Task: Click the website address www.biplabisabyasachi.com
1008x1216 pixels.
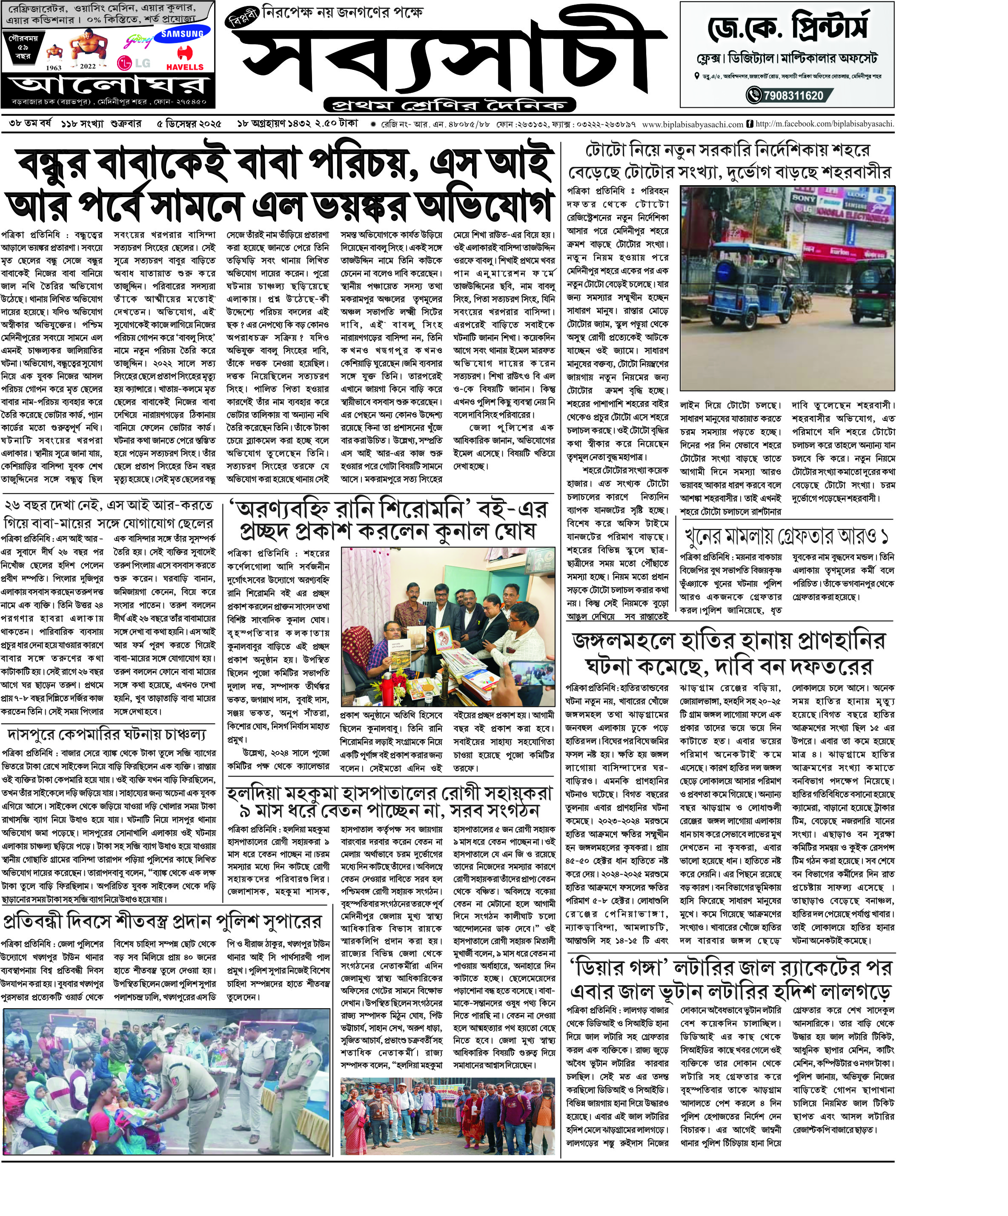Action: (x=693, y=124)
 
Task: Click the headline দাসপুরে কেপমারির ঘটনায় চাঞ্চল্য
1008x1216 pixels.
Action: (x=106, y=734)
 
